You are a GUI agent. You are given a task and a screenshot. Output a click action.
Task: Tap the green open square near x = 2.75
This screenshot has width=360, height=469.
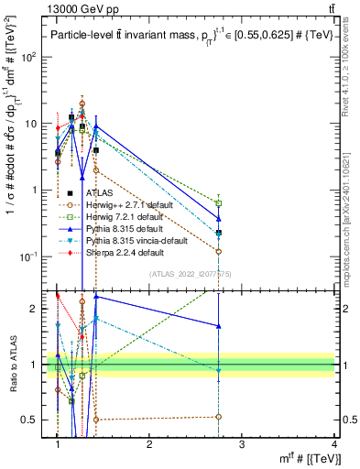[218, 202]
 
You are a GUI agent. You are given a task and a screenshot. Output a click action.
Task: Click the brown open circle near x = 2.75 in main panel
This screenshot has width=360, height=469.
[218, 251]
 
